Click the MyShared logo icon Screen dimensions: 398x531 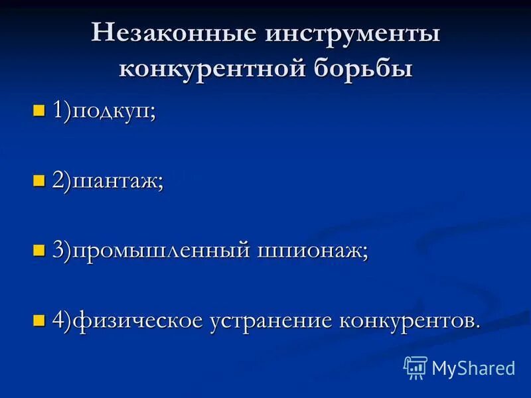pos(416,367)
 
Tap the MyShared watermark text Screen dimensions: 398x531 pos(473,367)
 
